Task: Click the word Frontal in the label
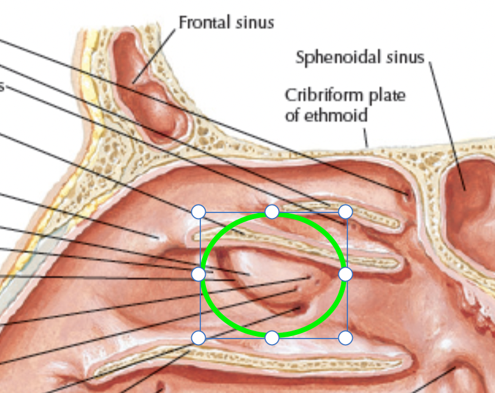pos(204,23)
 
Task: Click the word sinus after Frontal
pos(255,23)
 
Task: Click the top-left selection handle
pos(198,212)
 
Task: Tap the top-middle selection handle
pos(272,212)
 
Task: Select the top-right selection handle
pos(346,212)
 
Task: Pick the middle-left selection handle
pos(198,274)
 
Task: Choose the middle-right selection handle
pos(346,274)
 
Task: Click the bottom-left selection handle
pos(198,338)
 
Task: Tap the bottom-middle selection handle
pos(272,338)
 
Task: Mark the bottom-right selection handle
pos(346,338)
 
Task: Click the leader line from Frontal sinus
pos(154,56)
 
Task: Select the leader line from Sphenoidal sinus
pos(447,126)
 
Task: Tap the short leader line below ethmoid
pos(366,138)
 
